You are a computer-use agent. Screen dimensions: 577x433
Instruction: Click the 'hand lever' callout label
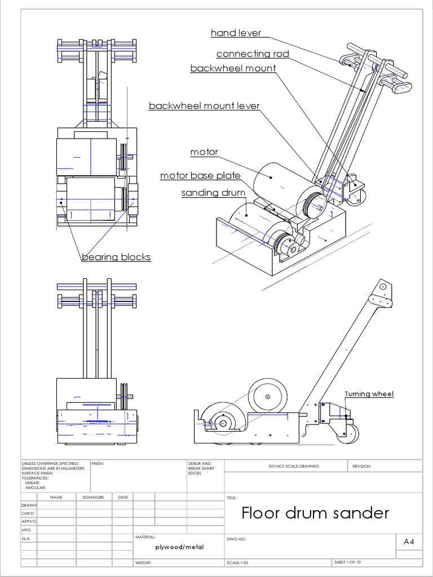(x=236, y=33)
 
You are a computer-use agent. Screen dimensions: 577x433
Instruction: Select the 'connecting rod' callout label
(x=253, y=54)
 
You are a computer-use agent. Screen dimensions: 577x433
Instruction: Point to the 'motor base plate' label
(x=200, y=176)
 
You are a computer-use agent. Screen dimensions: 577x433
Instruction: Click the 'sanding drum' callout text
(x=213, y=193)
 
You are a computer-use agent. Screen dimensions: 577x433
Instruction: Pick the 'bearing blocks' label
(x=116, y=257)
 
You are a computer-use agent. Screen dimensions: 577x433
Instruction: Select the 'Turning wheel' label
(x=369, y=394)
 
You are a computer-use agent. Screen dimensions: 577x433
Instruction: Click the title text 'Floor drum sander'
(x=315, y=513)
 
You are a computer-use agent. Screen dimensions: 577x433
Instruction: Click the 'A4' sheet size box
(x=409, y=542)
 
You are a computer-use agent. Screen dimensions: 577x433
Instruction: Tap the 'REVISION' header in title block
(x=361, y=466)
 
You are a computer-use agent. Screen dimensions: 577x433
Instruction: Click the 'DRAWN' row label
(x=28, y=505)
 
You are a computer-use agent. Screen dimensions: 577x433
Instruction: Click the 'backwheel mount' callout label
(x=233, y=68)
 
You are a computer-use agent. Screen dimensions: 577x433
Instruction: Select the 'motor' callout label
(x=204, y=152)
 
